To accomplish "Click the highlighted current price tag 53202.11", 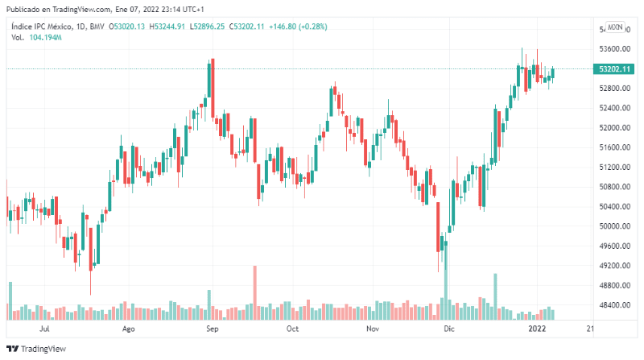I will (x=613, y=69).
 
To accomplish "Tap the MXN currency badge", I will (x=615, y=27).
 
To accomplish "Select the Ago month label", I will (x=127, y=329).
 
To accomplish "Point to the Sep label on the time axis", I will (x=212, y=329).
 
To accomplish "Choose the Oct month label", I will (x=293, y=329).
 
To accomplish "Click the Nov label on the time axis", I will (x=372, y=329).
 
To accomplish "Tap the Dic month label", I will (x=449, y=329).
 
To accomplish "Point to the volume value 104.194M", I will (x=46, y=38).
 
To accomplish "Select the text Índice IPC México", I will (x=39, y=27).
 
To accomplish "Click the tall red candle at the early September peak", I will (x=212, y=89).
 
